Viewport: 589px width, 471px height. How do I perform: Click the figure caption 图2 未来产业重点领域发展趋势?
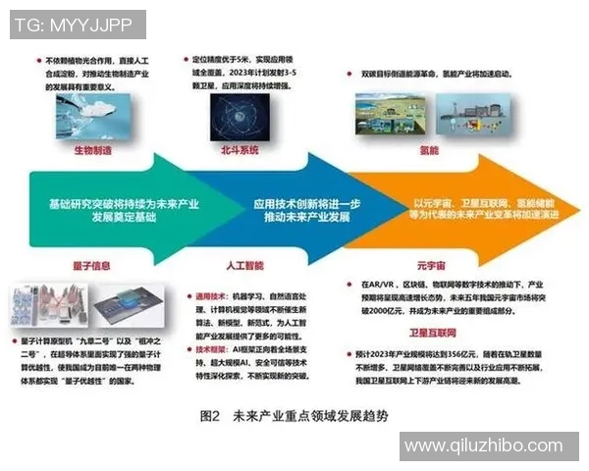tap(294, 415)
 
